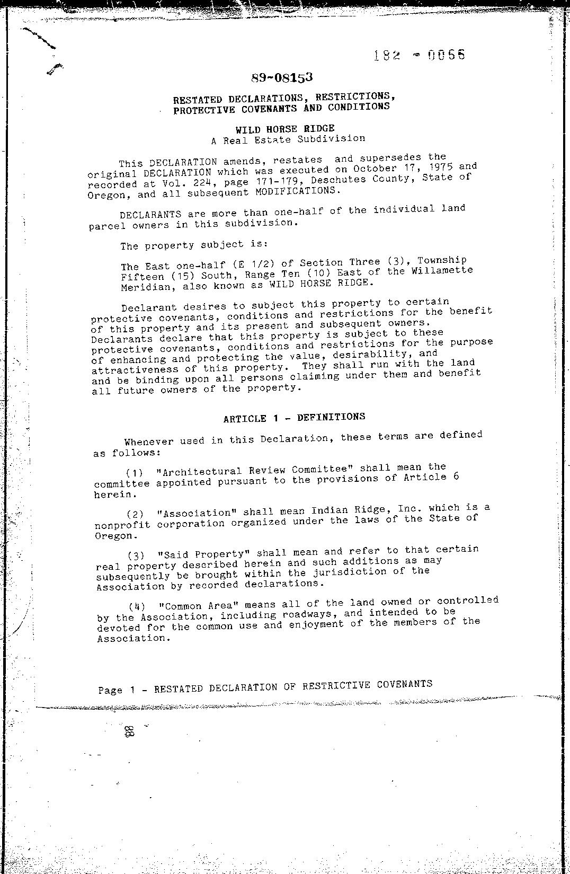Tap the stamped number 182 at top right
(x=386, y=55)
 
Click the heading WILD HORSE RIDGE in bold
(x=285, y=128)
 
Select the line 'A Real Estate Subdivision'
(x=288, y=139)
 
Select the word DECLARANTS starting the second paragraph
(x=150, y=215)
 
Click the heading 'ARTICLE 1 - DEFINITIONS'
(x=294, y=418)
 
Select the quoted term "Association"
(x=197, y=513)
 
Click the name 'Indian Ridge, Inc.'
(x=366, y=509)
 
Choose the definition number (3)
(x=136, y=555)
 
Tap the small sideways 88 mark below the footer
(x=129, y=732)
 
